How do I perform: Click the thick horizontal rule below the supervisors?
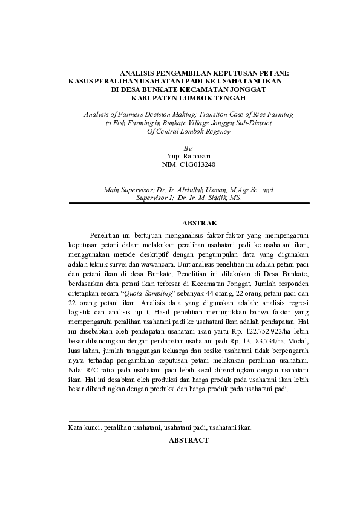pos(189,204)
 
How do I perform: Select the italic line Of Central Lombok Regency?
pos(189,131)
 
